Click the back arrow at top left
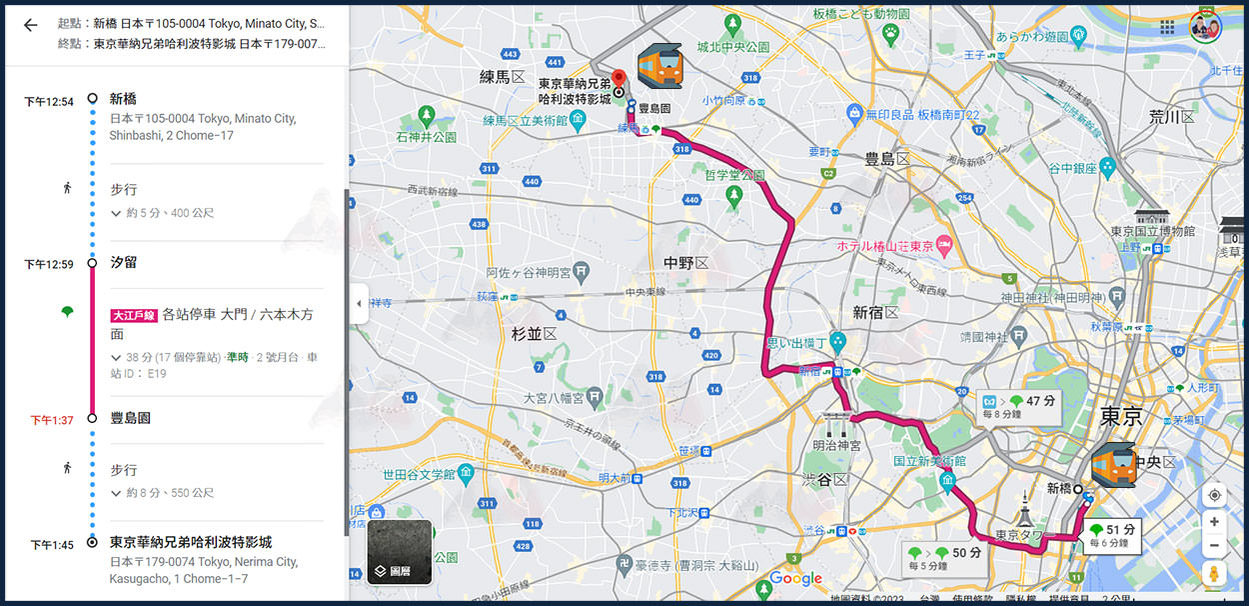tap(30, 25)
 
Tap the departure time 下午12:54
tap(49, 102)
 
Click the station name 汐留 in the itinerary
tap(124, 262)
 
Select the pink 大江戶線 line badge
tap(134, 315)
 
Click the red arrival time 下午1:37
tap(51, 420)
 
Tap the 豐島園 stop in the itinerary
tap(130, 418)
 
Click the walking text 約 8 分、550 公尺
tap(169, 493)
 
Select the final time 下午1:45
tap(51, 545)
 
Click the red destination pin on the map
tap(619, 79)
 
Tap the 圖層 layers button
tap(400, 552)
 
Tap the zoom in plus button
tap(1214, 522)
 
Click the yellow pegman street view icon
tap(1214, 573)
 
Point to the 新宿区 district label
tap(875, 313)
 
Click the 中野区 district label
tap(685, 262)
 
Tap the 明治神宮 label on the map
tap(836, 445)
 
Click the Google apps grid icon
tap(1167, 27)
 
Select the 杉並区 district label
tap(534, 334)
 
